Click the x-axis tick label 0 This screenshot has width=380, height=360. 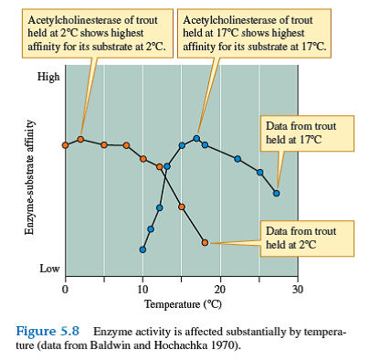pos(65,290)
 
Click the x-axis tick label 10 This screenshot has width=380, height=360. pos(142,290)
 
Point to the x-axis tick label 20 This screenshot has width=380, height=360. pos(219,290)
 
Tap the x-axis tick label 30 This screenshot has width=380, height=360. pos(297,290)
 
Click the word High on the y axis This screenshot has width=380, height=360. pos(48,77)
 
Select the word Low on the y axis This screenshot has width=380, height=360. pos(49,270)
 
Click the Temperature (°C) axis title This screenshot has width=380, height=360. pos(181,303)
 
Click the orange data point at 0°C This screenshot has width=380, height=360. pos(65,145)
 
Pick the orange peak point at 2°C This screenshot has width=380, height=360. pos(80,139)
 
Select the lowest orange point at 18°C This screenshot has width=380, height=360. pos(205,242)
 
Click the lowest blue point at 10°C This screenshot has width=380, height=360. pos(142,249)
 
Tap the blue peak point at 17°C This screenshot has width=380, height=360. pos(196,138)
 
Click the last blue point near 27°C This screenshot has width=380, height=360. pos(276,193)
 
